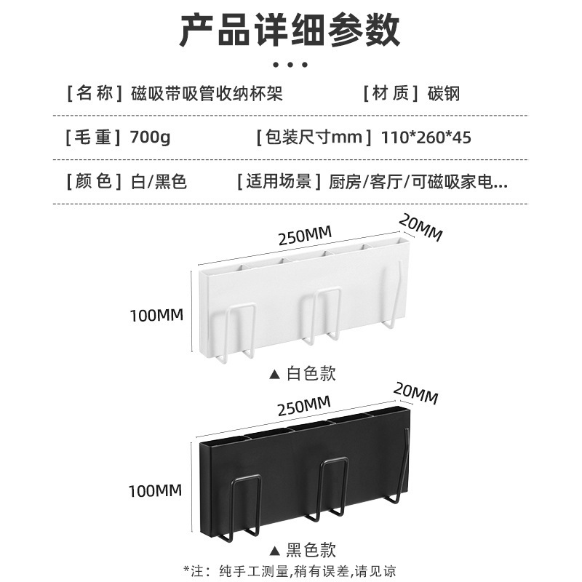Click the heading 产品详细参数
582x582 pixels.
[290, 31]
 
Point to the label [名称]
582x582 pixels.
[92, 93]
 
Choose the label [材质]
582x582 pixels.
[392, 93]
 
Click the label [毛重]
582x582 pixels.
[92, 136]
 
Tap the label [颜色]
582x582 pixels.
[92, 180]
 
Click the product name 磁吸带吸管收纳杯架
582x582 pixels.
[207, 93]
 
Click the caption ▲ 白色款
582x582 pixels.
[303, 374]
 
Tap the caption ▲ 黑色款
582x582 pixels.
[303, 549]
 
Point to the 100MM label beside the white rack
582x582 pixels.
[156, 316]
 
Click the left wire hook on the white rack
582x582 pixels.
[239, 331]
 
